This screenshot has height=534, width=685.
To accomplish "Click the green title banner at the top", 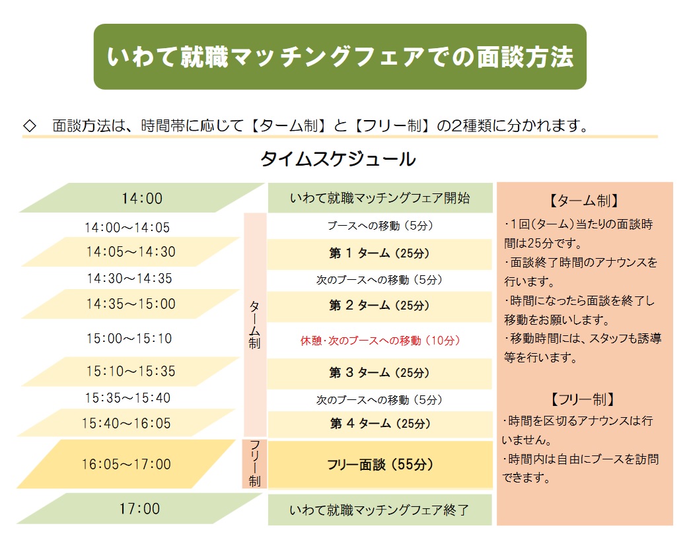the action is click(x=340, y=57).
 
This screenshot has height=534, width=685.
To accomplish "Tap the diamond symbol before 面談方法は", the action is click(x=30, y=126).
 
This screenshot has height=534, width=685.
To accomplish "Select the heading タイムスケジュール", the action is click(x=338, y=159).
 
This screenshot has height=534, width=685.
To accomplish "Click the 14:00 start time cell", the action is click(x=142, y=198).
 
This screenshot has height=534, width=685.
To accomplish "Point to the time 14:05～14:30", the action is click(x=131, y=252).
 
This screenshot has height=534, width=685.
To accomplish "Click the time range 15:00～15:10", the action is click(x=129, y=339).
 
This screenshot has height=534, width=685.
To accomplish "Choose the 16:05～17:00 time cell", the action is click(x=126, y=464).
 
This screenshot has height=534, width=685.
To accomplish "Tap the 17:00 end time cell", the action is click(x=140, y=509).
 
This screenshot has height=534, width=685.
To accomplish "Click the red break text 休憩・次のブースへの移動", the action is click(x=380, y=341).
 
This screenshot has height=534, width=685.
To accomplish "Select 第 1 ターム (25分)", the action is click(x=379, y=253).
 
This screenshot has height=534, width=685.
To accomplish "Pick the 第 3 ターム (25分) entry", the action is click(x=379, y=373).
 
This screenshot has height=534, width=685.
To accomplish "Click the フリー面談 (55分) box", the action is click(x=380, y=465).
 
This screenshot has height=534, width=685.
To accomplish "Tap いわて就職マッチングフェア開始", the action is click(x=380, y=198).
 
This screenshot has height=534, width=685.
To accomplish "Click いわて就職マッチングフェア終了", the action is click(x=380, y=510).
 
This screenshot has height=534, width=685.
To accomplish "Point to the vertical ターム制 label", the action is click(x=255, y=325).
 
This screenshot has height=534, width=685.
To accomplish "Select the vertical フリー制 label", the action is click(x=255, y=464).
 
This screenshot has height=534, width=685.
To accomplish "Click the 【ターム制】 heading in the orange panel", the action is click(x=584, y=201).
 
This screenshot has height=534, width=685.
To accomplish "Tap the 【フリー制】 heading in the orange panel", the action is click(x=583, y=399).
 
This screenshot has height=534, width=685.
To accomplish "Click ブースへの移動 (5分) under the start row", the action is click(x=380, y=226).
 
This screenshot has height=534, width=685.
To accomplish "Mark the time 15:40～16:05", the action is click(x=126, y=424).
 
